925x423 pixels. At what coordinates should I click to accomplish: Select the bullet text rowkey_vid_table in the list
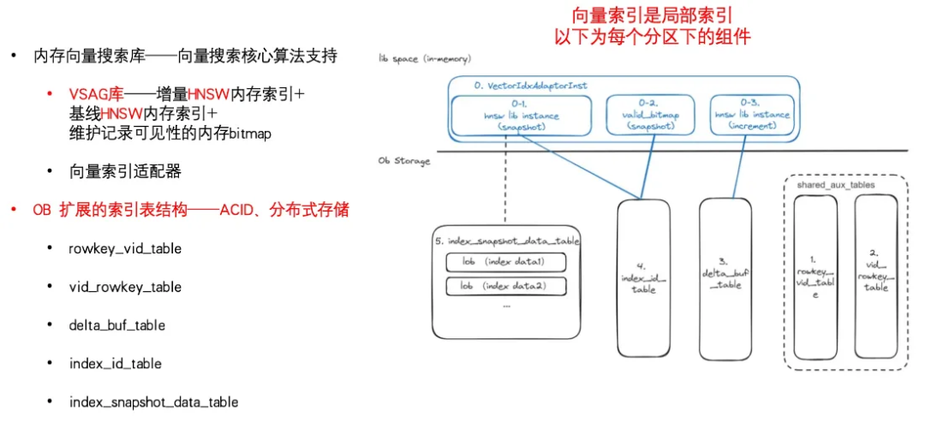125,249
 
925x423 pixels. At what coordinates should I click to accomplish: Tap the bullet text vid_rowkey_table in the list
125,287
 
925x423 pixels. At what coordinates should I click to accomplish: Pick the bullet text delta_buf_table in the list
117,325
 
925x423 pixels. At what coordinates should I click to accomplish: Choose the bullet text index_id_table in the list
116,364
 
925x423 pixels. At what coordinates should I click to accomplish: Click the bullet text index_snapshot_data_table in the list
153,402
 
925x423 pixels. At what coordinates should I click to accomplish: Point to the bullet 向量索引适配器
126,171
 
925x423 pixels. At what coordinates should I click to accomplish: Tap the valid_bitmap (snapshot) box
652,115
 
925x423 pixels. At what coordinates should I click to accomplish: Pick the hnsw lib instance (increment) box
760,115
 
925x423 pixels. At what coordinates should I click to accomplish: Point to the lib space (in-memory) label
425,59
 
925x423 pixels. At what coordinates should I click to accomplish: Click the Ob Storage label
404,161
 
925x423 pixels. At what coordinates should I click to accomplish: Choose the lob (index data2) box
506,286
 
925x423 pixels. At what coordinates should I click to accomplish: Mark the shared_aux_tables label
835,184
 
